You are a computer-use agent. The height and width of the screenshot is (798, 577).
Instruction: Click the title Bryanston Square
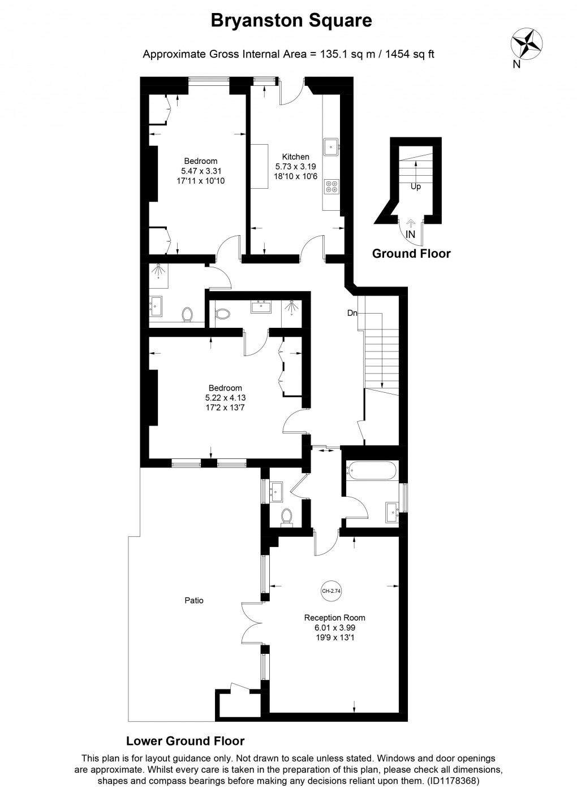[291, 21]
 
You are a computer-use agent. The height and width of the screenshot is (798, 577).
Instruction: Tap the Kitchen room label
[296, 157]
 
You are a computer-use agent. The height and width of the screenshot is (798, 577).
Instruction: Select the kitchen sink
[330, 147]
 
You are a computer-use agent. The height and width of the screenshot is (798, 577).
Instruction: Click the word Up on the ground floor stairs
[416, 187]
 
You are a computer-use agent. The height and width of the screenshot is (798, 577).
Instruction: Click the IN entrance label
[411, 233]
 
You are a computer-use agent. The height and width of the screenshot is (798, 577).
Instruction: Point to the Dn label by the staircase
[352, 313]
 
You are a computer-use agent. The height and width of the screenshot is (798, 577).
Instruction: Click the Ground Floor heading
[411, 254]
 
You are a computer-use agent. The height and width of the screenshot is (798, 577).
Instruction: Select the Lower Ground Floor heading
[185, 741]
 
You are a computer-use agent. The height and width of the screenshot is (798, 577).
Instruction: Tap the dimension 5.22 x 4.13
[225, 397]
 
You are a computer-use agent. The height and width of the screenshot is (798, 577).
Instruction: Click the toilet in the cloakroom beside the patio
[287, 516]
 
